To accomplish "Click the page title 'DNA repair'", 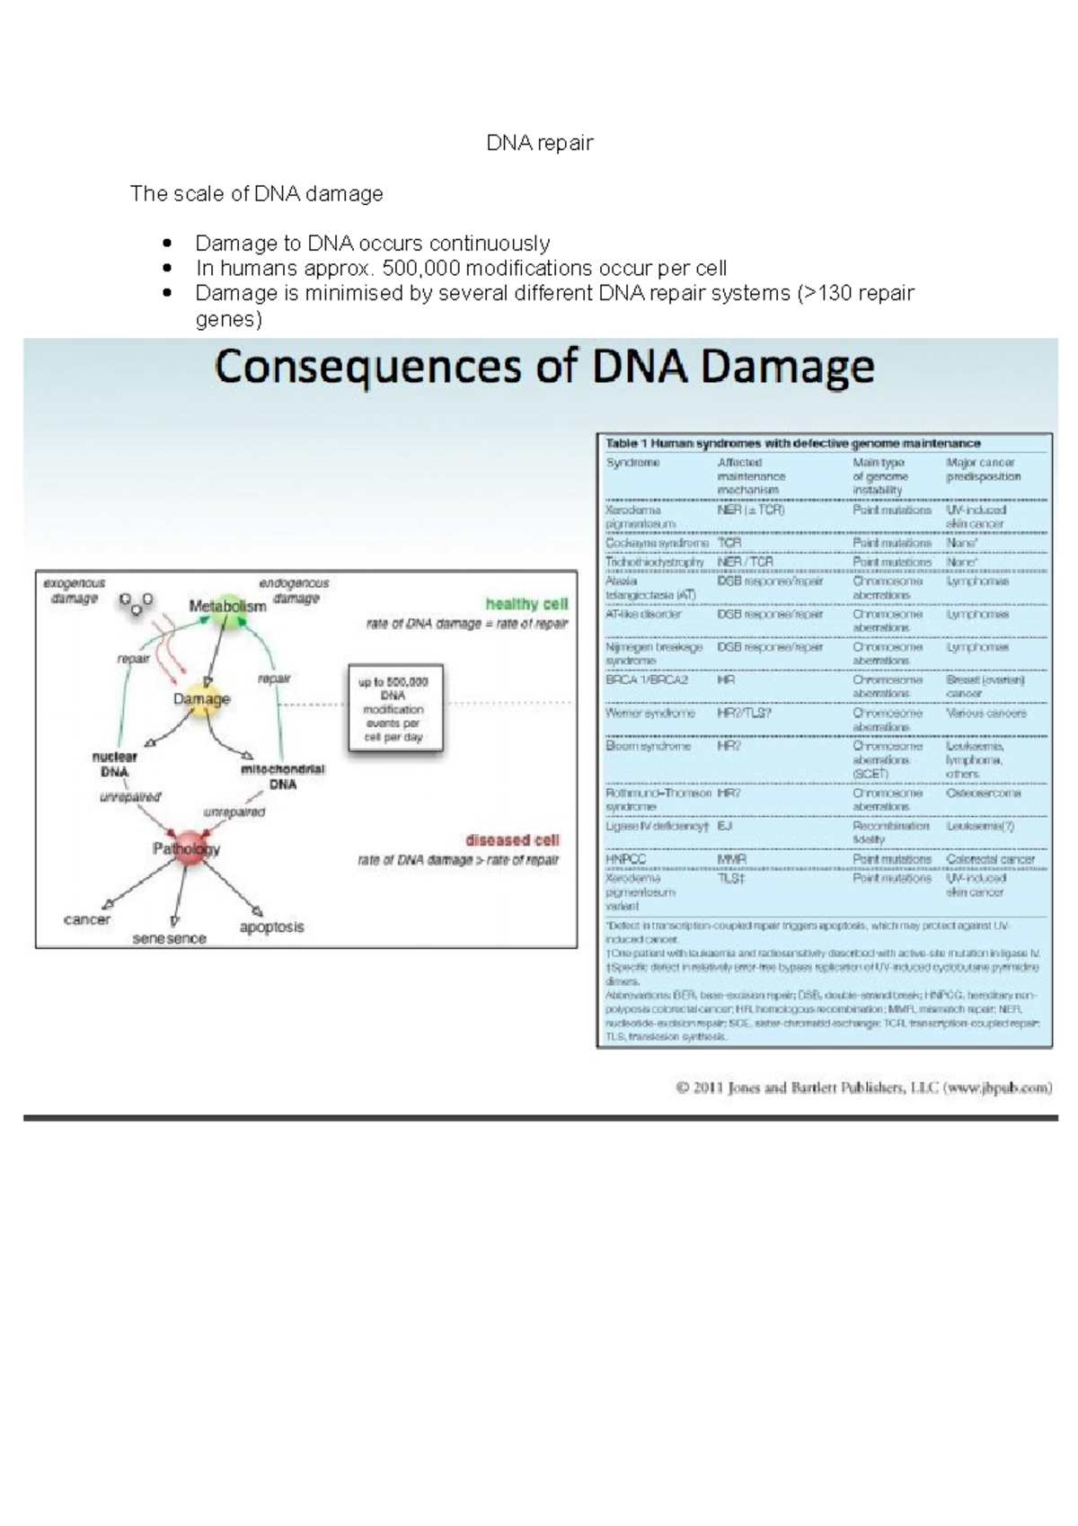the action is click(x=539, y=143).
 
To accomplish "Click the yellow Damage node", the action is click(x=201, y=699).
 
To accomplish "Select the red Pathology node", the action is click(x=187, y=848).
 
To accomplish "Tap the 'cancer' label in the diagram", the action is click(x=87, y=919).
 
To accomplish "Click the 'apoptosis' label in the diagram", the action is click(x=271, y=927).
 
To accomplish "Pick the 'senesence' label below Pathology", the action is click(x=169, y=938).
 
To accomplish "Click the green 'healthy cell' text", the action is click(x=526, y=604).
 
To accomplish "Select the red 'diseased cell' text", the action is click(x=512, y=840).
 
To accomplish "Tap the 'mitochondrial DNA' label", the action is click(x=282, y=776).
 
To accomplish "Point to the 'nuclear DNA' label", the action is click(x=114, y=764).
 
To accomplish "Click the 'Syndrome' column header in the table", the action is click(x=632, y=463).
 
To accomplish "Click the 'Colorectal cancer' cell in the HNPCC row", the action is click(x=990, y=859).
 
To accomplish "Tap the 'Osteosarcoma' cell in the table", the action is click(x=983, y=794).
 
